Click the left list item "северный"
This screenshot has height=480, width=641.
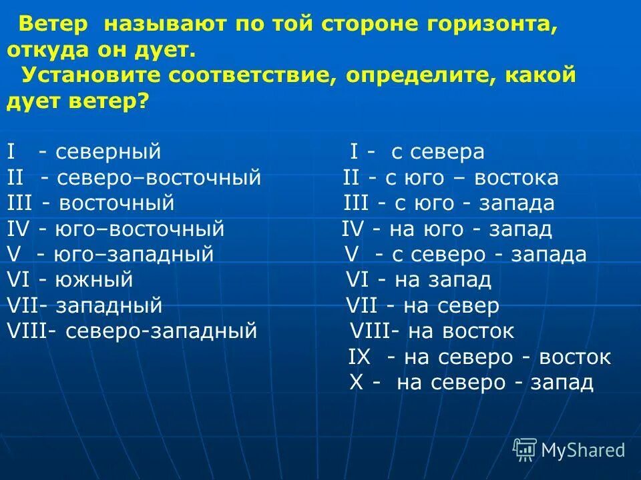coord(108,151)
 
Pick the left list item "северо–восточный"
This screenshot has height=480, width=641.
coord(158,178)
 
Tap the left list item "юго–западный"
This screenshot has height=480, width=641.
coord(134,255)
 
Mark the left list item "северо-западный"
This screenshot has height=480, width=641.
coord(161,331)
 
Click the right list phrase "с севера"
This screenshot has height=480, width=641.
coord(437,152)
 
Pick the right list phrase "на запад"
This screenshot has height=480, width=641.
coord(443,280)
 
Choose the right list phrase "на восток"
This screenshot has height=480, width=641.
coord(461,331)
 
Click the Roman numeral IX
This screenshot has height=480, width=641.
coord(359,357)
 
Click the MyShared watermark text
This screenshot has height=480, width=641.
coord(582,450)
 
